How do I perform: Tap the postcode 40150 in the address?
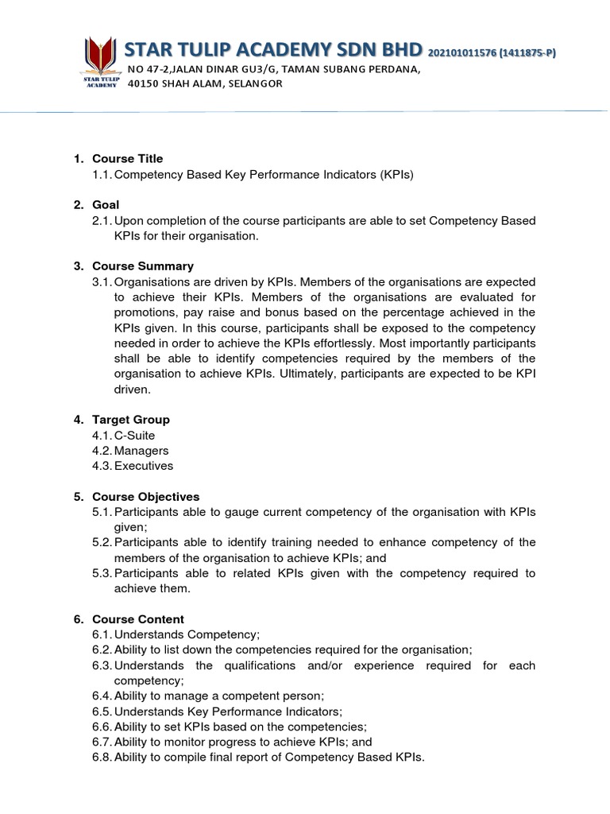[x=144, y=84]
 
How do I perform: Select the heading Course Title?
[x=127, y=159]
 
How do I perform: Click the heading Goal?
[x=106, y=205]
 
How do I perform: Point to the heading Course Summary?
[x=143, y=266]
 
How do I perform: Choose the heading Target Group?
[x=131, y=420]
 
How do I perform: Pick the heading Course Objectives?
[x=146, y=497]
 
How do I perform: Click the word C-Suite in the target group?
[x=135, y=436]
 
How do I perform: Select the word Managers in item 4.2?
[x=141, y=451]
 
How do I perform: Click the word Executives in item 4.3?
[x=144, y=466]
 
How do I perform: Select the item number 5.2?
[x=102, y=542]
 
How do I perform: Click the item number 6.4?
[x=102, y=696]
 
